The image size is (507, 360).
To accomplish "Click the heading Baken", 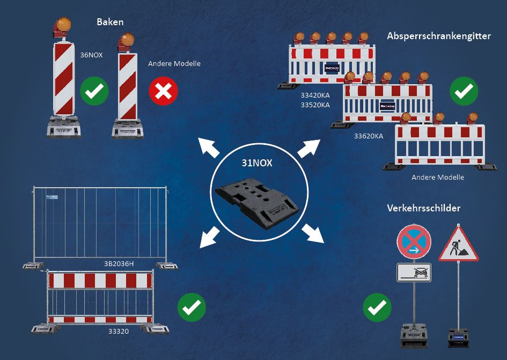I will [x=110, y=22].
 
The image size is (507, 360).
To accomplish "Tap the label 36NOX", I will [x=91, y=54].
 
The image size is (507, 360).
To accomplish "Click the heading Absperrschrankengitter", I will [x=439, y=36].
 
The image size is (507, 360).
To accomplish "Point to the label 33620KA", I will [x=369, y=136].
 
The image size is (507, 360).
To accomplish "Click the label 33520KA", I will [x=315, y=105].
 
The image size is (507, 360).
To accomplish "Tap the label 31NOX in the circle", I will [x=256, y=163].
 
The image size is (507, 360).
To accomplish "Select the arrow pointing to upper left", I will [x=208, y=147].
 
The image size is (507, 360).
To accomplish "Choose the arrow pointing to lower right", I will [x=313, y=233].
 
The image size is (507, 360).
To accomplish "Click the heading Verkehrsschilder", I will [x=424, y=208].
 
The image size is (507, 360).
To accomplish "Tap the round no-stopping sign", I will [x=414, y=243].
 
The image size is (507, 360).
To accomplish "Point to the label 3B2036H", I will [x=119, y=263].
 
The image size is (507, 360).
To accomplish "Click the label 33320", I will [x=119, y=331].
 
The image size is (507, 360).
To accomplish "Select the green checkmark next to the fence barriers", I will [x=192, y=307].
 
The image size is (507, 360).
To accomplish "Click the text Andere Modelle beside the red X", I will [x=174, y=63].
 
